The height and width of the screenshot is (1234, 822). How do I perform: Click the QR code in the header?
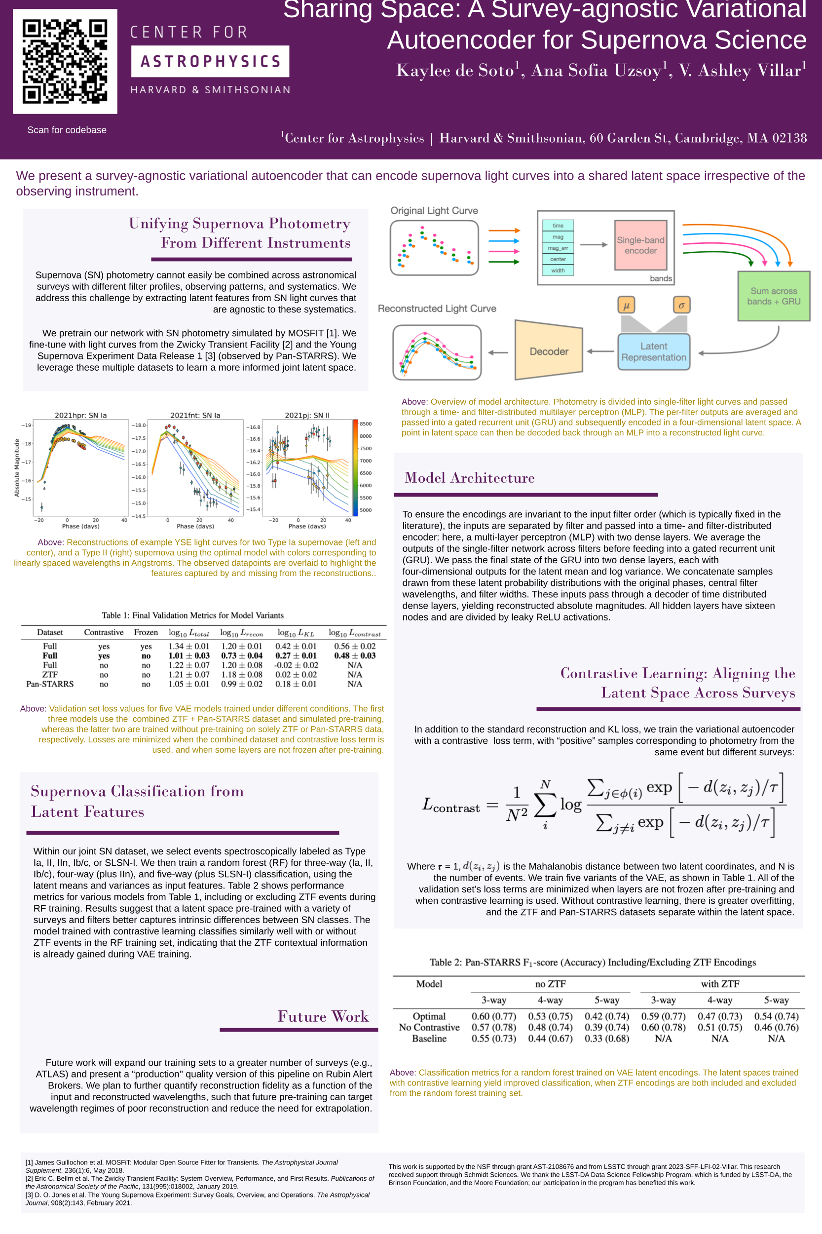coord(65,61)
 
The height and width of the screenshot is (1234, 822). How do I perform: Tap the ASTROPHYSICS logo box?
coord(210,61)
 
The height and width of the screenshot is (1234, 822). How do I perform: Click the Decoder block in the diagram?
coord(548,351)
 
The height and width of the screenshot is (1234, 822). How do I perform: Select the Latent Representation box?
coord(653,351)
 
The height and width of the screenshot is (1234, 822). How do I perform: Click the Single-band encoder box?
coord(640,245)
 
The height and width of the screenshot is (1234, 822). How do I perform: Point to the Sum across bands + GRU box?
coord(773,296)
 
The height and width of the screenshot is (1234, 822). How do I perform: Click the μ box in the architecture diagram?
coord(626,305)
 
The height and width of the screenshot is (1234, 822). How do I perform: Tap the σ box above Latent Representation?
coord(681,305)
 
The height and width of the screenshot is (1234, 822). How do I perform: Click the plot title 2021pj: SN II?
coord(307,415)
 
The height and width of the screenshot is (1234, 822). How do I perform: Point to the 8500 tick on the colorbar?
coord(366,424)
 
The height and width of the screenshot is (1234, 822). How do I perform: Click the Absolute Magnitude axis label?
coord(17,468)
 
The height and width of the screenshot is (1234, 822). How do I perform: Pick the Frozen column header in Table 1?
coord(146,632)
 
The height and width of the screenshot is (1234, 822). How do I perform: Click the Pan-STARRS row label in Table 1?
coord(50,684)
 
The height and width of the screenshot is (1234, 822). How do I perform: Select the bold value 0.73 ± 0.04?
coord(241,656)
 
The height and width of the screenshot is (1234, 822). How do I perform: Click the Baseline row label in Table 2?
coord(429,1039)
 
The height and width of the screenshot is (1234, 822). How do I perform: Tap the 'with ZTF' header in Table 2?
coord(720,984)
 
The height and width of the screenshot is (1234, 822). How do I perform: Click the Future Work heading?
coord(323,1016)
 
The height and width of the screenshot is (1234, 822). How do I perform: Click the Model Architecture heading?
coord(469,478)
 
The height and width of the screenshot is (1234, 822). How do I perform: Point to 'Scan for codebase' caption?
coord(67,130)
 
